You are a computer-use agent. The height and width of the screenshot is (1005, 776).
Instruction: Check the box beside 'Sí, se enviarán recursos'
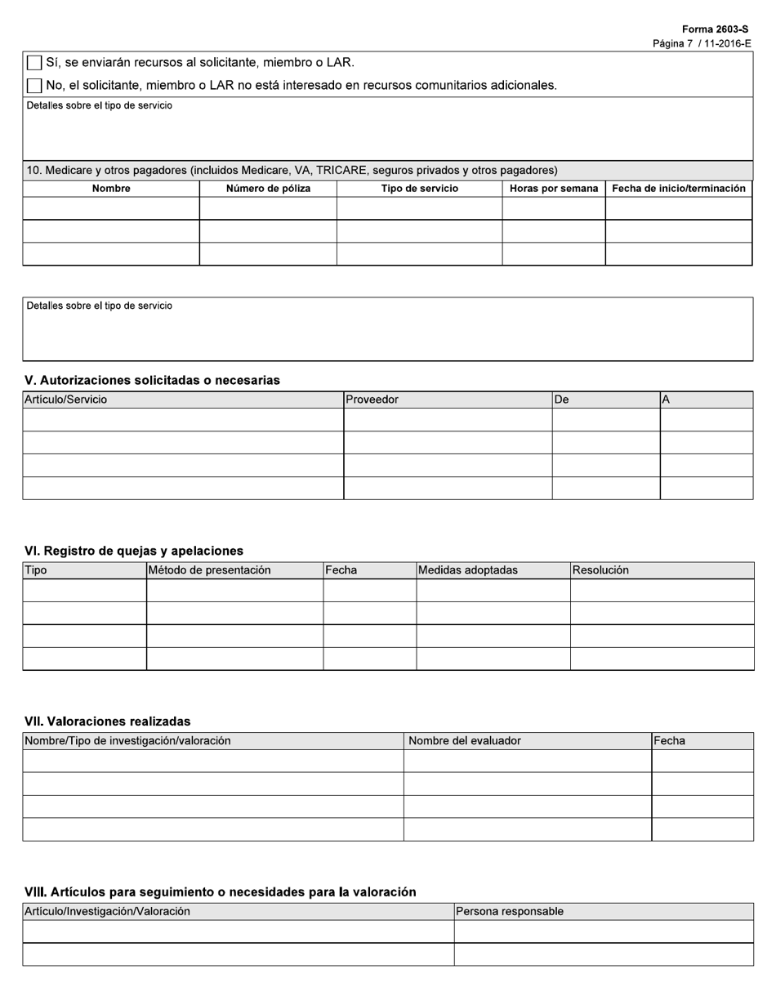[x=34, y=63]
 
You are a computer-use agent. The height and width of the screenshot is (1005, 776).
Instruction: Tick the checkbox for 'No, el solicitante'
[x=34, y=86]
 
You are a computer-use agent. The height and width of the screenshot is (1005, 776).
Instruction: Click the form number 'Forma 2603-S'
[x=715, y=29]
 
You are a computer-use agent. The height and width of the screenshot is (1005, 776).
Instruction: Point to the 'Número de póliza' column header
[x=268, y=189]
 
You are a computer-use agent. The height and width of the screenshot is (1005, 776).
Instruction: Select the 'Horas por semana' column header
[x=554, y=189]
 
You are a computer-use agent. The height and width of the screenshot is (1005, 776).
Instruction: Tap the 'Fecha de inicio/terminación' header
[x=679, y=189]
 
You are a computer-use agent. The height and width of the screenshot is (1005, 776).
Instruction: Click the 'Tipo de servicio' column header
[x=420, y=189]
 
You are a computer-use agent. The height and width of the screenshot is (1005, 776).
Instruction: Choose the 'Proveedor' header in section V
[x=372, y=400]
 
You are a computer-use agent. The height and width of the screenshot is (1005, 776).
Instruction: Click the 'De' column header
[x=561, y=400]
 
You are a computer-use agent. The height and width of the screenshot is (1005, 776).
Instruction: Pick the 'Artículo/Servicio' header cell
[x=66, y=400]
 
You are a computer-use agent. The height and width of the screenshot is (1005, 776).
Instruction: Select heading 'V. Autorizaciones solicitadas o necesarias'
[x=153, y=380]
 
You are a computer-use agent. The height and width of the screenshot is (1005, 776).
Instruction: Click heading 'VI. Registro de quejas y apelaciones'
[x=134, y=551]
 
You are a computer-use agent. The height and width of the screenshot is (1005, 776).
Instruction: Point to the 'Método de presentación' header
[x=210, y=570]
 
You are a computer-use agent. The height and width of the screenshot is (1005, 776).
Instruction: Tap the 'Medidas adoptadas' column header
[x=468, y=570]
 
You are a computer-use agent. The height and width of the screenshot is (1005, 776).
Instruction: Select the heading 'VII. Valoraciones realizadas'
[x=108, y=721]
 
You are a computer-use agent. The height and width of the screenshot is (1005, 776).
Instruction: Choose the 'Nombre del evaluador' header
[x=465, y=741]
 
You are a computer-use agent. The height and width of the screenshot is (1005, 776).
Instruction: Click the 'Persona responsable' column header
[x=510, y=912]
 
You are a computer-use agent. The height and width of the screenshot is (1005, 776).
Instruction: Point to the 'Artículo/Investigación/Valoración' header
[x=108, y=912]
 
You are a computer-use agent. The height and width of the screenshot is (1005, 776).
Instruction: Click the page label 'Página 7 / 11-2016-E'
[x=702, y=43]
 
